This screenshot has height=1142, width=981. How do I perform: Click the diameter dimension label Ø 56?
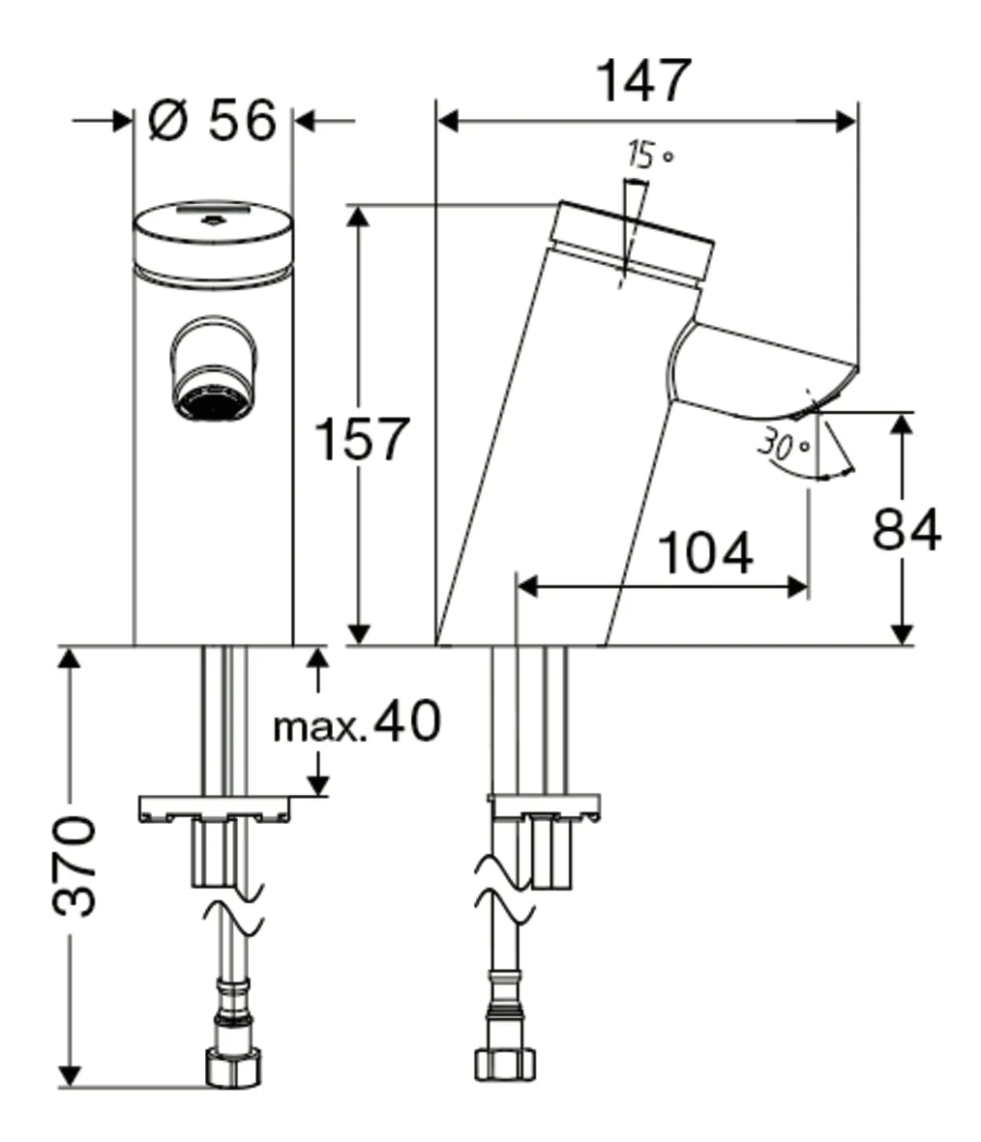(x=213, y=121)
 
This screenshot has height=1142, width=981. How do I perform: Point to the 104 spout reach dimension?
(x=704, y=552)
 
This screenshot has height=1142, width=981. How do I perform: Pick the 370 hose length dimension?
(x=74, y=865)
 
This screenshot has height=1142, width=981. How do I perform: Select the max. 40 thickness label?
(x=356, y=722)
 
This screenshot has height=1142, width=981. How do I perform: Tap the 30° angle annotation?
(x=784, y=445)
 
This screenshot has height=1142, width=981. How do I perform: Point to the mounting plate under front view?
(x=214, y=807)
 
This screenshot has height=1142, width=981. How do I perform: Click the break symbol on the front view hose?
(x=232, y=919)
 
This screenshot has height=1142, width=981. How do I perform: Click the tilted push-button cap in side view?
(x=634, y=242)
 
